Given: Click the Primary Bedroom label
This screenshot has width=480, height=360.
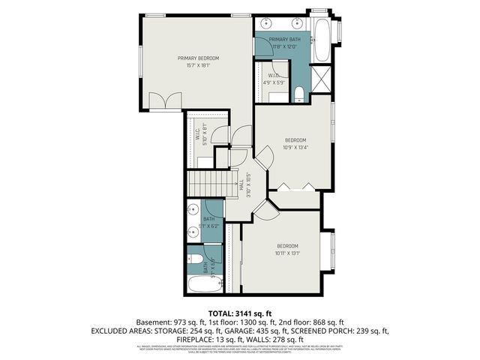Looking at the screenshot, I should [x=198, y=58].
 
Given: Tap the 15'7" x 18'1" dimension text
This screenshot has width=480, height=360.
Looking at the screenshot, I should [x=198, y=65].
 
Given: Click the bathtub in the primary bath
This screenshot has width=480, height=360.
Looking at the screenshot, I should [x=322, y=40].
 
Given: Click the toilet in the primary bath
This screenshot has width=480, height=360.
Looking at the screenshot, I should [x=298, y=93].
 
